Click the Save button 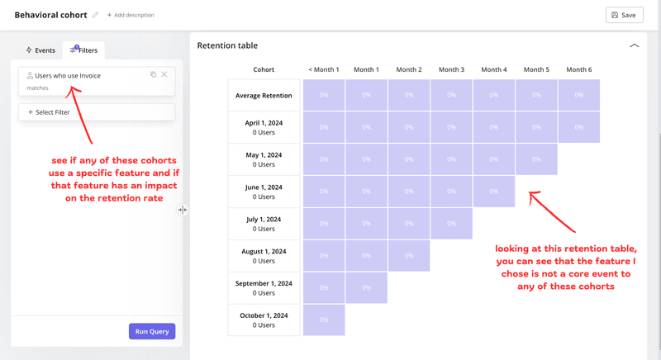pos(624,15)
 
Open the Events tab pos(40,50)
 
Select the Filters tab pos(84,50)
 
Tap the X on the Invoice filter pos(164,75)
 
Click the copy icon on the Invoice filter pos(153,75)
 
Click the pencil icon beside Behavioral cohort pos(96,15)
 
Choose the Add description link pos(131,15)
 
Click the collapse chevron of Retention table pos(634,46)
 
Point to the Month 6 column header pos(578,69)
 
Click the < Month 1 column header pos(324,69)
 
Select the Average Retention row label pos(264,96)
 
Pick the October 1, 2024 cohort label pos(264,320)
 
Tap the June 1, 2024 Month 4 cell pos(493,192)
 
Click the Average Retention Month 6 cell pos(578,96)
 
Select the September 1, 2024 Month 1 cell pos(366,287)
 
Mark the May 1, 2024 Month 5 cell pos(536,159)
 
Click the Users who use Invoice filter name pos(68,76)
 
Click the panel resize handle pos(183,210)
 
